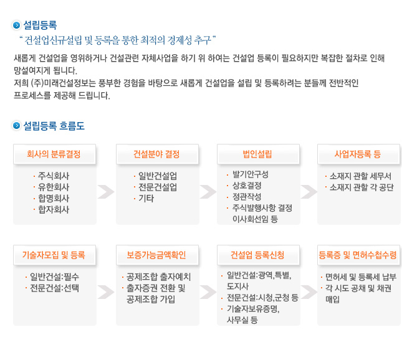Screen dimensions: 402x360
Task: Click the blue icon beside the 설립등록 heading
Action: [16, 25]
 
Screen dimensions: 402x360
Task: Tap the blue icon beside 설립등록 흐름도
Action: [16, 126]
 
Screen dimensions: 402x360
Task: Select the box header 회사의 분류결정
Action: [54, 154]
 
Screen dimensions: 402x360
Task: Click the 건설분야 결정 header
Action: [157, 154]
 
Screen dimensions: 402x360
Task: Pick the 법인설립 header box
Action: [258, 154]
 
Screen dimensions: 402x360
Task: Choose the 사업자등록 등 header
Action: [358, 154]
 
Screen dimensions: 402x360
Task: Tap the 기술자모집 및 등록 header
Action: [54, 255]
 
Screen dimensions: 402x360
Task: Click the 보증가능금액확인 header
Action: [157, 255]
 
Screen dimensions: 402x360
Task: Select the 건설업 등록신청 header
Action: [258, 255]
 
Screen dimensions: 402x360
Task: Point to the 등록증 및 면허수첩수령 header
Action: [358, 255]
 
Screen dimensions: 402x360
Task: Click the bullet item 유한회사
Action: [54, 187]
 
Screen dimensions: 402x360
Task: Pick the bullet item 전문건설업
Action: [158, 187]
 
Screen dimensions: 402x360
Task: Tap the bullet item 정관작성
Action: [247, 197]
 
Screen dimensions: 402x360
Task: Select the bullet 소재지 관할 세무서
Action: [360, 176]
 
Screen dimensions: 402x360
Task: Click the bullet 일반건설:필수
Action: [55, 277]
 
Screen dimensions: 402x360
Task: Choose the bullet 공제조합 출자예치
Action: [159, 277]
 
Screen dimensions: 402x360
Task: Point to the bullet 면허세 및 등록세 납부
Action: [361, 277]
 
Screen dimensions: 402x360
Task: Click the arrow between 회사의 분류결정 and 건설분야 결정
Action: [106, 192]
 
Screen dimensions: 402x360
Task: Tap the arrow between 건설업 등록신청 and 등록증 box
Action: [309, 292]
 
